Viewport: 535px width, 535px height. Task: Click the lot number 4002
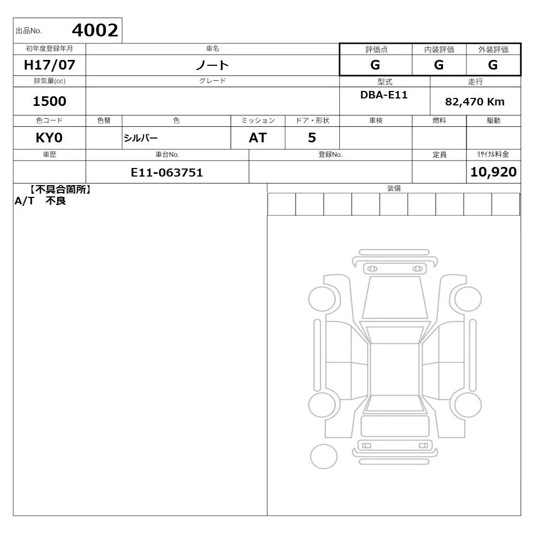click(95, 30)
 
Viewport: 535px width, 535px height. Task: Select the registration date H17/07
click(49, 65)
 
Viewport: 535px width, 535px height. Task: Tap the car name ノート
click(212, 65)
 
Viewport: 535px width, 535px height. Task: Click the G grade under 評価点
click(376, 65)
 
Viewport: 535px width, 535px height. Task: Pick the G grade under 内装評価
click(439, 65)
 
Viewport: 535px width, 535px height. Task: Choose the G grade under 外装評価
click(493, 65)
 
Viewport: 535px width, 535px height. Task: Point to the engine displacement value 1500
click(49, 101)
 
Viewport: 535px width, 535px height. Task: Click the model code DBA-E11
click(384, 95)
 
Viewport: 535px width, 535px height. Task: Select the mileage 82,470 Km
click(475, 102)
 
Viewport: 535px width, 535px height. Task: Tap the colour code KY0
click(49, 138)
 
